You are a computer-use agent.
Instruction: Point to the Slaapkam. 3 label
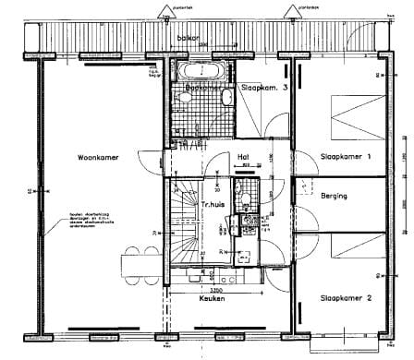click(264, 88)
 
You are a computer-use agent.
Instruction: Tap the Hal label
click(244, 157)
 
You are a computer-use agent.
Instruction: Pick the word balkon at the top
click(189, 39)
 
